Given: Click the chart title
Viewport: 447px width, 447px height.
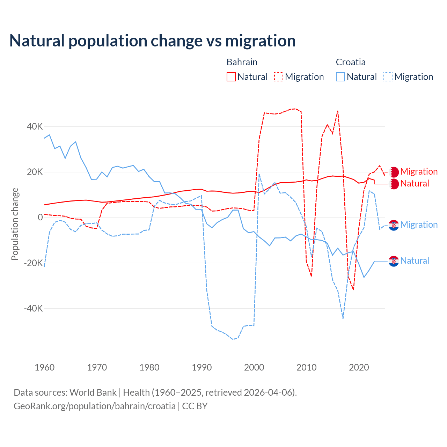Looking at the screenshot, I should pyautogui.click(x=153, y=41).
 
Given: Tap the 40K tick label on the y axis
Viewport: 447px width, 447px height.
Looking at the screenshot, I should pyautogui.click(x=35, y=126).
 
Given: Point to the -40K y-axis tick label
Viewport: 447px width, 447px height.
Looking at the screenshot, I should pyautogui.click(x=33, y=308).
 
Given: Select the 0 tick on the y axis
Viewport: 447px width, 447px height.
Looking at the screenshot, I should pyautogui.click(x=40, y=217).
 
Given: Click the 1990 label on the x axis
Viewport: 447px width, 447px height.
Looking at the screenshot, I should pyautogui.click(x=202, y=367).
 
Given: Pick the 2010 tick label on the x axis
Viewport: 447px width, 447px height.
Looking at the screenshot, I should pyautogui.click(x=307, y=367).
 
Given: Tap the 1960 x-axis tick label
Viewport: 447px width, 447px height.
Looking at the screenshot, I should pyautogui.click(x=45, y=367).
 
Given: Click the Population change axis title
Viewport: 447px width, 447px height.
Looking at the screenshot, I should pyautogui.click(x=15, y=224).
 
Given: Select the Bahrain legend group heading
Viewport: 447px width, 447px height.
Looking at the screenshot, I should pyautogui.click(x=242, y=62).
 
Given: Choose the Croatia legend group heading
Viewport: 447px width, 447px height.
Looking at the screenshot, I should pyautogui.click(x=351, y=62).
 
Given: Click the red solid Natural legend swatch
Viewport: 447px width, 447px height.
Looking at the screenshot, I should pyautogui.click(x=231, y=77).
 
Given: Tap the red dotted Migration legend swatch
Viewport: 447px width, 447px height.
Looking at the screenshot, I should pyautogui.click(x=279, y=77).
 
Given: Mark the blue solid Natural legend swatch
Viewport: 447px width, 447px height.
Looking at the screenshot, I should pyautogui.click(x=340, y=77).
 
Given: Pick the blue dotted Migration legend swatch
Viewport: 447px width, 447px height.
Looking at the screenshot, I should pyautogui.click(x=388, y=77).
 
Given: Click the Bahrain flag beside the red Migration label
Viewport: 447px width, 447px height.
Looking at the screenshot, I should pyautogui.click(x=394, y=172).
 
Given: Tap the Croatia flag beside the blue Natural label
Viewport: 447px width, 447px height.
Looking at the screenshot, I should pyautogui.click(x=394, y=261).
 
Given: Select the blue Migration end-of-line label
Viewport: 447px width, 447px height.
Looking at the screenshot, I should pyautogui.click(x=419, y=225).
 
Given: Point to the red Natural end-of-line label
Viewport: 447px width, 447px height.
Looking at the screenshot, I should pyautogui.click(x=415, y=184).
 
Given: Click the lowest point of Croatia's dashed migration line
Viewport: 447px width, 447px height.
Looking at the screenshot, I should pyautogui.click(x=233, y=339).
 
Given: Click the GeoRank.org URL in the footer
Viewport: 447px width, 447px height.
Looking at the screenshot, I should pyautogui.click(x=95, y=406).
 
